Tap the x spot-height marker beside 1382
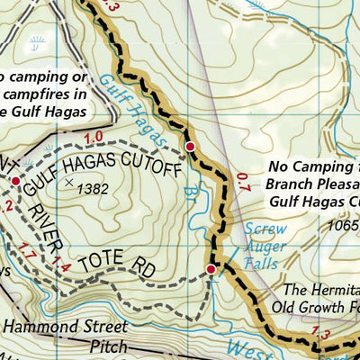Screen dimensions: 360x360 70,183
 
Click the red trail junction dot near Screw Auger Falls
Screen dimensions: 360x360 211,269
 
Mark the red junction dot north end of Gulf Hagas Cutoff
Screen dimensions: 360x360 190,146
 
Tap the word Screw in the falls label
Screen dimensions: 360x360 266,229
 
